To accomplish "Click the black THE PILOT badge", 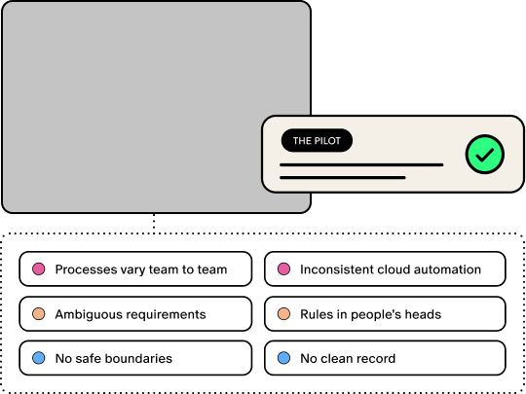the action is click(317, 140).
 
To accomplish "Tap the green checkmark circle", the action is click(485, 154).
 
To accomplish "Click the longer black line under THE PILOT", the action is click(361, 164).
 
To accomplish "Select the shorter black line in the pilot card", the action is click(343, 178).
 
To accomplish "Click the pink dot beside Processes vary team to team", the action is click(39, 269).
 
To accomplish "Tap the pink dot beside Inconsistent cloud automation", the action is click(283, 269).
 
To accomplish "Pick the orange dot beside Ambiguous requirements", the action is click(39, 314).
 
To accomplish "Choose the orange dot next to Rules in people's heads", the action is click(283, 314).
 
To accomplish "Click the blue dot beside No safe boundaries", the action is click(39, 358).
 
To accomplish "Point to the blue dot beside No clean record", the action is click(283, 358).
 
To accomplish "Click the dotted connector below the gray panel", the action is click(154, 223).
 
